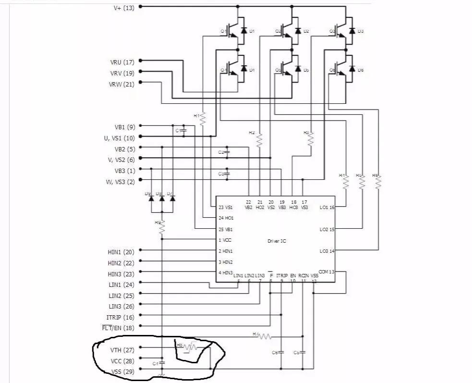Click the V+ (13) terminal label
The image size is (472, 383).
(123, 8)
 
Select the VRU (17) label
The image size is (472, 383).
(122, 62)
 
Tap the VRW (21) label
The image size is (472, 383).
(121, 85)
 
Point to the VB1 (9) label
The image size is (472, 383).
(124, 127)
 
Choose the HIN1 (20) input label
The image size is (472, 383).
(121, 252)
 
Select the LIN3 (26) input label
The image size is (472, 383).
(121, 307)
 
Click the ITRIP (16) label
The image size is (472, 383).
(120, 318)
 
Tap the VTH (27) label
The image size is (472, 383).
(122, 350)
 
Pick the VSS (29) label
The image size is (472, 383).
(122, 371)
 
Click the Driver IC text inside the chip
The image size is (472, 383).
(277, 241)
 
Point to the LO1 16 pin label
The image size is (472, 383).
(327, 208)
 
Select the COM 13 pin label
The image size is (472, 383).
(327, 272)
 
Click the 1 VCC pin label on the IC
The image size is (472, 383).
(225, 240)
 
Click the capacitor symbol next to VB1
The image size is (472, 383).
(183, 131)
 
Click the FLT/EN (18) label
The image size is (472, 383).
(118, 328)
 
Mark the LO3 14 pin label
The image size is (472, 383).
(327, 251)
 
